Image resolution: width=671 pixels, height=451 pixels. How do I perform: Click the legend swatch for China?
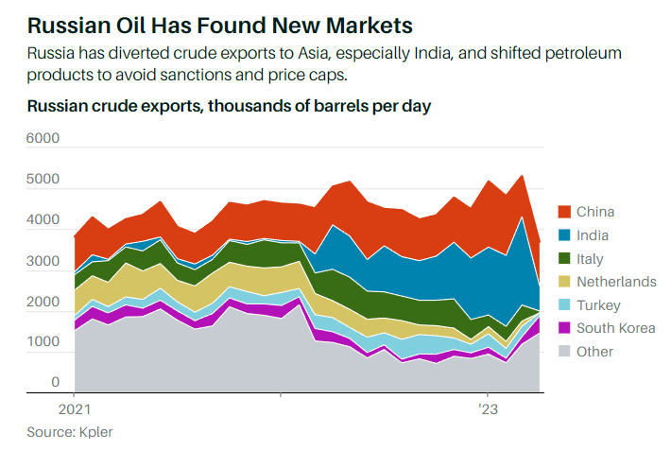point(564,212)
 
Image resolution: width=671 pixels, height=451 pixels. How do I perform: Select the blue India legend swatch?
point(564,235)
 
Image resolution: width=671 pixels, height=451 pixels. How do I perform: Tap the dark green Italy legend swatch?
point(564,258)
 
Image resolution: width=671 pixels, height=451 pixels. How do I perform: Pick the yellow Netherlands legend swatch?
point(564,282)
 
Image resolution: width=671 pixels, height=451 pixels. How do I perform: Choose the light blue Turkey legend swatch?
point(564,305)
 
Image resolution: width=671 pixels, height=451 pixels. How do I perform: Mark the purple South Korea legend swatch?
point(564,328)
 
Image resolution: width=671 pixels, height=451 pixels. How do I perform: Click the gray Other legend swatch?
point(564,352)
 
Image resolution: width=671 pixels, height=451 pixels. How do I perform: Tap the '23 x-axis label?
point(487,411)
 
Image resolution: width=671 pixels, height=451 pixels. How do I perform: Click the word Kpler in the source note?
point(105,431)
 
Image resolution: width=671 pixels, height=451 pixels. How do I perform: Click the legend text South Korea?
point(615,328)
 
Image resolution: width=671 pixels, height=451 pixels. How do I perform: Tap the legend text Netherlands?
point(616,282)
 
